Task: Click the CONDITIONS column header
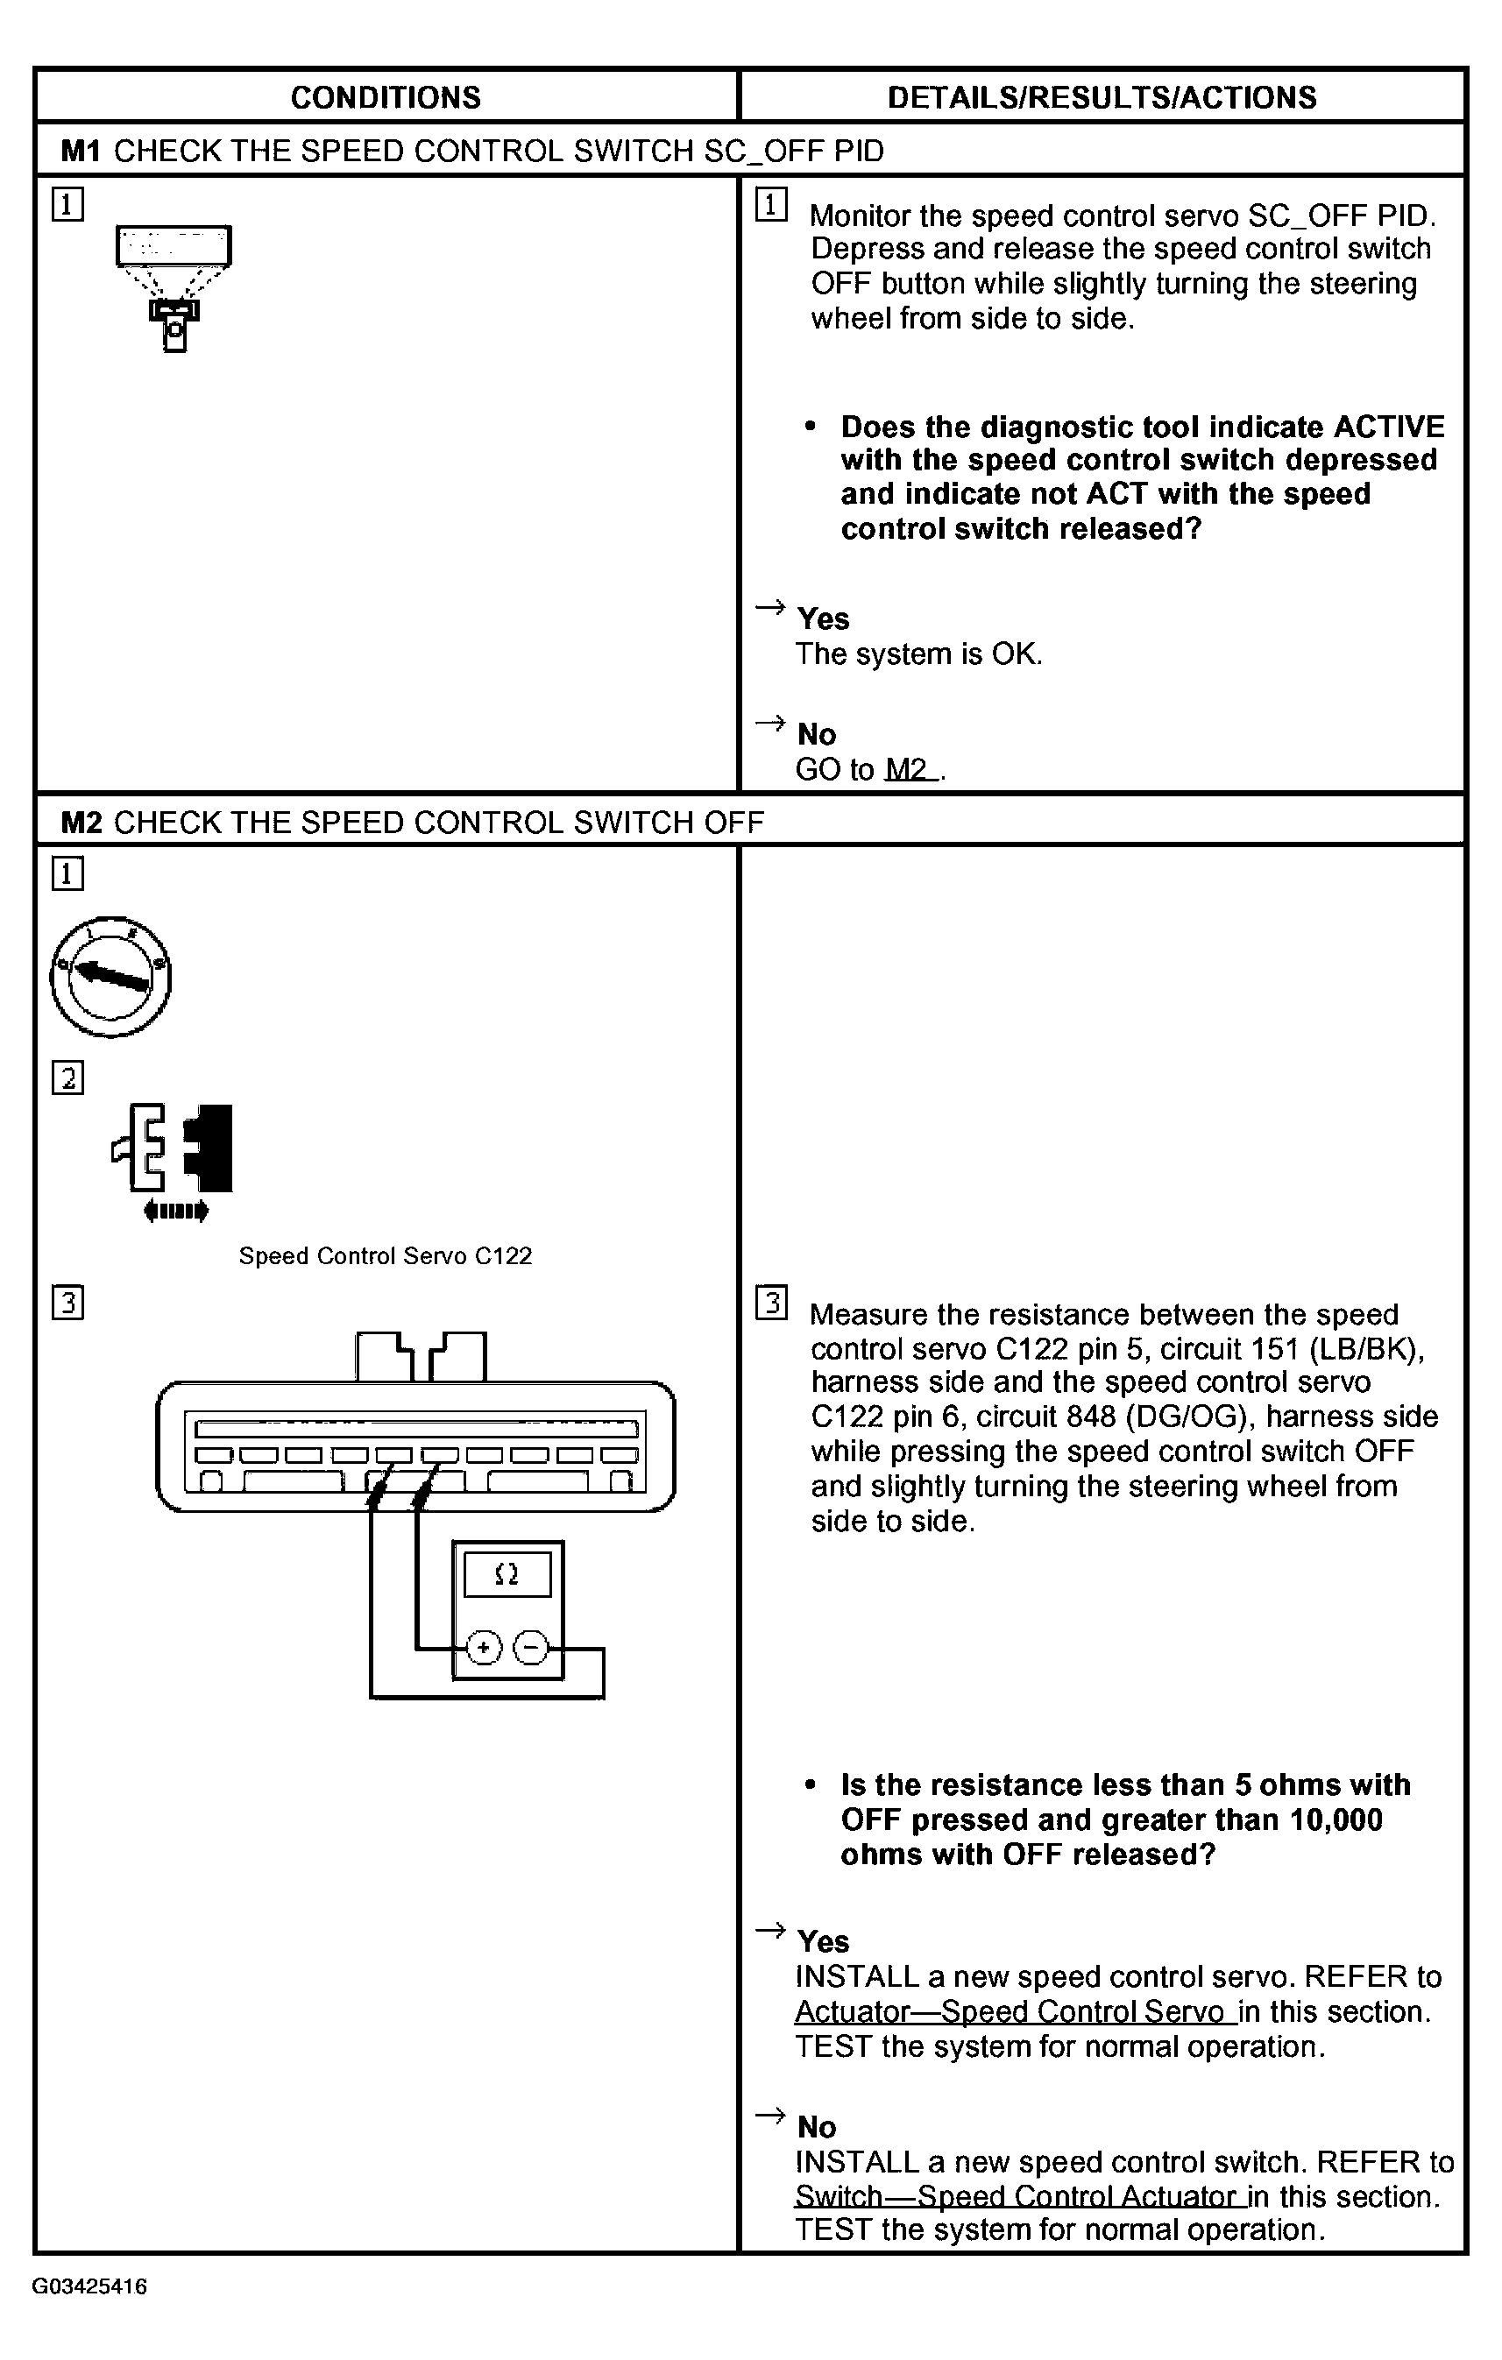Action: tap(386, 97)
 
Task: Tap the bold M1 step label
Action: tap(81, 151)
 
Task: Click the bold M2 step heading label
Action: tap(81, 822)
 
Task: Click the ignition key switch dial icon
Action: tap(110, 976)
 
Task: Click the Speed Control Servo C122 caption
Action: tap(386, 1255)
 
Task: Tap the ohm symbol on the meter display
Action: tap(507, 1574)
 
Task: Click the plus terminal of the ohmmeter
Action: tap(484, 1648)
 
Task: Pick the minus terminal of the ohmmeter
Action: tap(531, 1648)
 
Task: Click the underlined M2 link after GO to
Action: tap(909, 769)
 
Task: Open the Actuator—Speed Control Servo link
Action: tap(1013, 2012)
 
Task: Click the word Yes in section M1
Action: tap(823, 618)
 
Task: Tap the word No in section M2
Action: tap(817, 2127)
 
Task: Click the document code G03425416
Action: tap(89, 2286)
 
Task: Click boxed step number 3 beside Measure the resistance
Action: tap(771, 1303)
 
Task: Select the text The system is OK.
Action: tap(918, 654)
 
